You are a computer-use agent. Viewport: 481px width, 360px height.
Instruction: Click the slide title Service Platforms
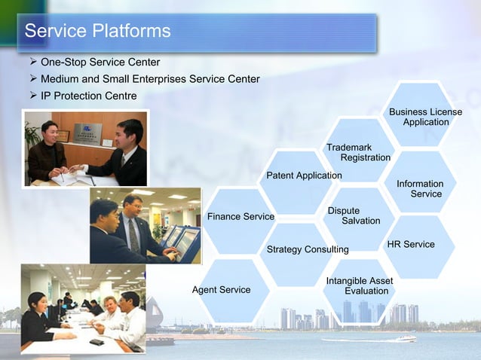coord(97,32)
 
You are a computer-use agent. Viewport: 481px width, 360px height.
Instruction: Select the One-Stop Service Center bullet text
coord(100,62)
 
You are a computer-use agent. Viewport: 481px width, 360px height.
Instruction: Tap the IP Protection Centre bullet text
coord(88,96)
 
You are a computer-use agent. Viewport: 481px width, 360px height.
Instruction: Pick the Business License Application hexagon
coord(425,117)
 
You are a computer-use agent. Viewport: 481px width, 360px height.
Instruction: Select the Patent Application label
coord(304,175)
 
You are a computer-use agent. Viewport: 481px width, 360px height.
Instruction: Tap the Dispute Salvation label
coord(354,215)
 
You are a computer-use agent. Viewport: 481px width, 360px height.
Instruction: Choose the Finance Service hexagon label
coord(240,217)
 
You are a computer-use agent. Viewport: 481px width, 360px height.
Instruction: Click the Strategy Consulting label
coord(308,249)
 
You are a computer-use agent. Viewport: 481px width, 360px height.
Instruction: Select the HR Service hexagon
coord(411,244)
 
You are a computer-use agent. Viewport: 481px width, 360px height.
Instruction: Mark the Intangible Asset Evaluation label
coord(359,286)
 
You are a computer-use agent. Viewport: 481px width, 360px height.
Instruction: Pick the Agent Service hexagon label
coord(221,290)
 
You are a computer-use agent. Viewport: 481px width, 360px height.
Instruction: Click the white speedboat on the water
coord(405,338)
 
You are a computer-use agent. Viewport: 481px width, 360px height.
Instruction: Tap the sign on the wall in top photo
coord(87,133)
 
